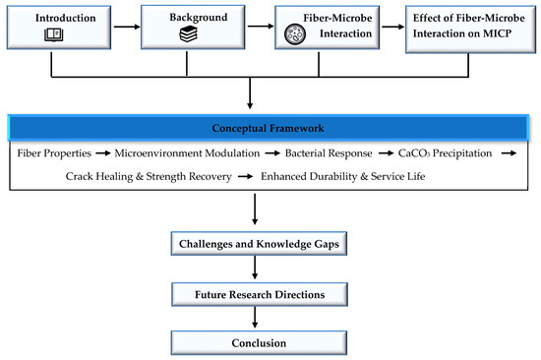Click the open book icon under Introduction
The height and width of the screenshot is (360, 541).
pos(53,34)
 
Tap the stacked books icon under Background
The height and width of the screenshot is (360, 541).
pos(188,34)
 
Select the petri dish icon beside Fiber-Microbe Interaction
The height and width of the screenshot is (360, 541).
pos(295,34)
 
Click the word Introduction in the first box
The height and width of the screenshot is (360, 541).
pos(66,18)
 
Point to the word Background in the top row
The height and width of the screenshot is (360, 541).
pos(199,18)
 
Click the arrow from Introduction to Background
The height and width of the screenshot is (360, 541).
pos(127,27)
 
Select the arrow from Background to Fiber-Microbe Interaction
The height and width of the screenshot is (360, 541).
pos(260,26)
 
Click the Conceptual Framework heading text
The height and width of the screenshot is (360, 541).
pos(268,128)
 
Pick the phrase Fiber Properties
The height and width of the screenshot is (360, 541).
pos(54,153)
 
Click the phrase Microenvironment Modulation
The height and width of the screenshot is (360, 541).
pos(187,152)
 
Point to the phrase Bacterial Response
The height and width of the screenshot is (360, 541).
pos(329,153)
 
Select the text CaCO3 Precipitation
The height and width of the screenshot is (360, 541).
pos(445,153)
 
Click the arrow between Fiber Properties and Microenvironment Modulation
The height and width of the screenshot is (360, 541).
pos(103,152)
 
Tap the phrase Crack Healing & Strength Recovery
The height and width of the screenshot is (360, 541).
pos(149,176)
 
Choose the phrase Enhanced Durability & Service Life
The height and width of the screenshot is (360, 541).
pos(342,176)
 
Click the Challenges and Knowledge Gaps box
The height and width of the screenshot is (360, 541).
pos(259,244)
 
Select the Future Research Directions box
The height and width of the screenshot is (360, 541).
pos(260,294)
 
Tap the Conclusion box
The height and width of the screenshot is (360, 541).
pos(259,342)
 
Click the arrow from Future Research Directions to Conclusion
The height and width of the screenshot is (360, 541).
pos(255,317)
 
